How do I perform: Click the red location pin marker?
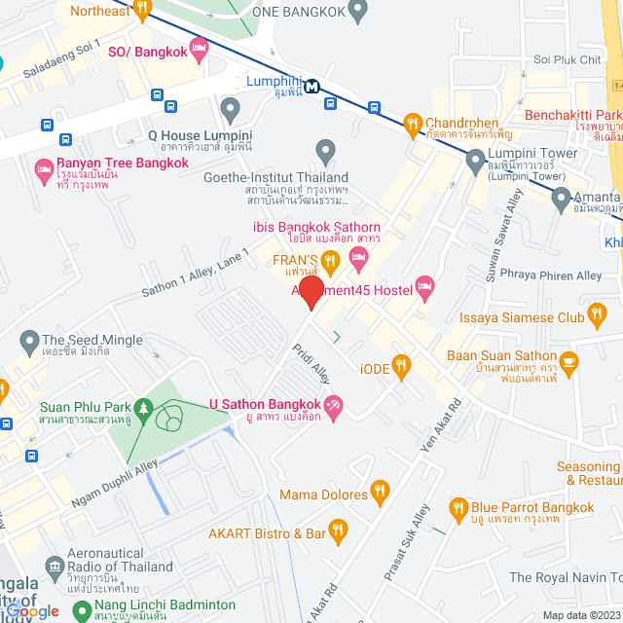tap(311, 292)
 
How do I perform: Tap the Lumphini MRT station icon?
tap(311, 86)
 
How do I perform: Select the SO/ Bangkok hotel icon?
tap(200, 48)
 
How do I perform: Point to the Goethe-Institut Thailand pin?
tap(326, 151)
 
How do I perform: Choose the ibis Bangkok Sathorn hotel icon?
tap(358, 257)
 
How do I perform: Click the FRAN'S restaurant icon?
tap(330, 260)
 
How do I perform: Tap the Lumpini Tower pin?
tap(475, 160)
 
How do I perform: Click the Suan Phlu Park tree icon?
tap(144, 406)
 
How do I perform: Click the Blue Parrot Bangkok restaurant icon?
tap(458, 507)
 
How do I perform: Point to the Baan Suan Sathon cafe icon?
tap(568, 362)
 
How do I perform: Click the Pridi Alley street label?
tap(312, 362)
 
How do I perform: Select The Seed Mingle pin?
tap(28, 342)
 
